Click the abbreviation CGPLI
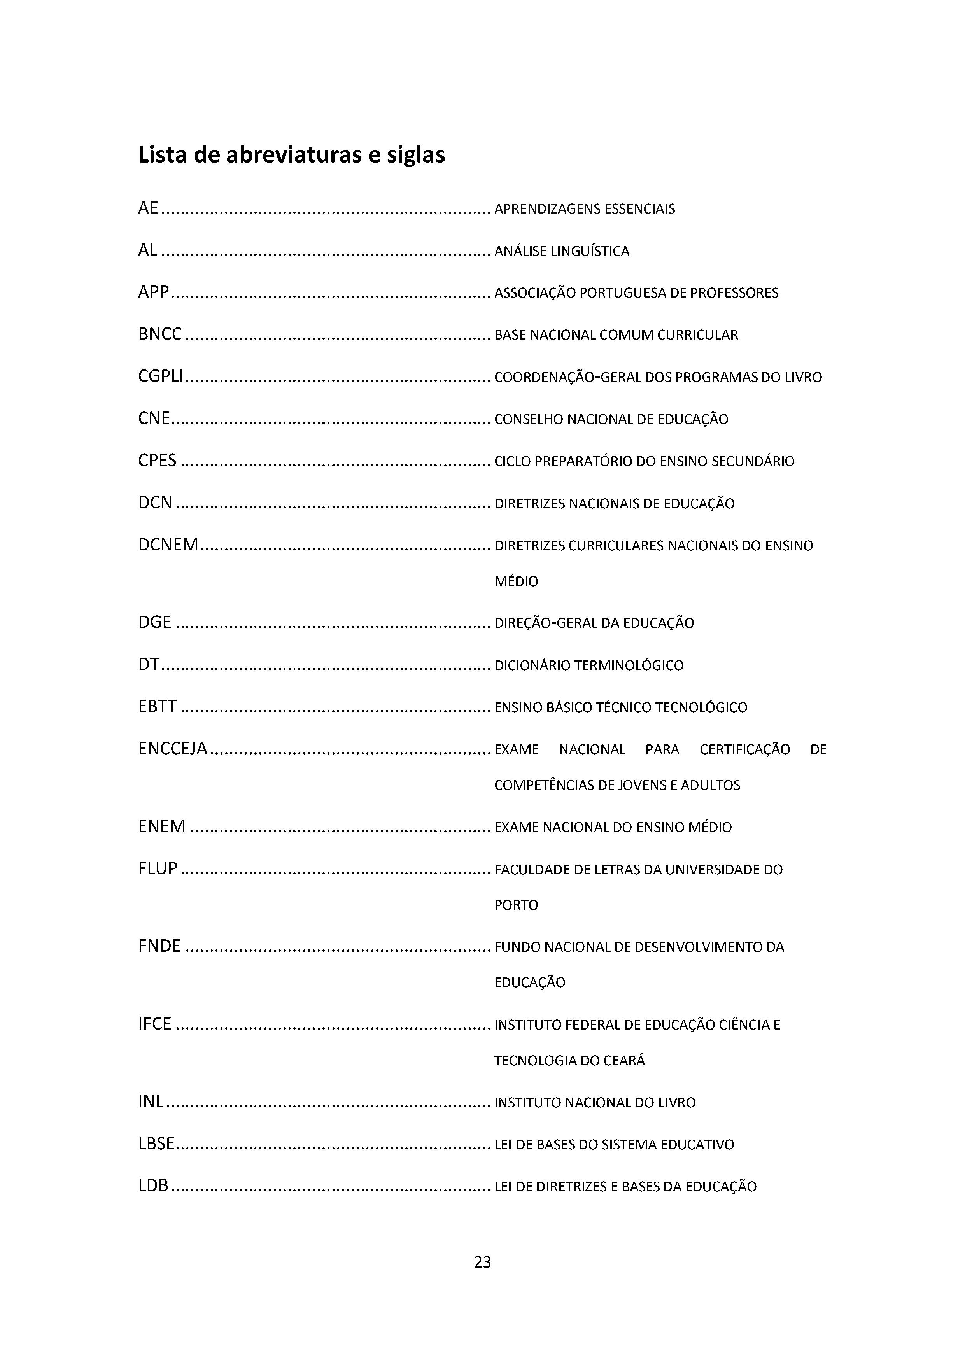[x=160, y=376]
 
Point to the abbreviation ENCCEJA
[x=172, y=749]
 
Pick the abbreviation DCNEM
[x=168, y=545]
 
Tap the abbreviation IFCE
[x=154, y=1024]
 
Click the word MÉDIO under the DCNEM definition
[x=516, y=581]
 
